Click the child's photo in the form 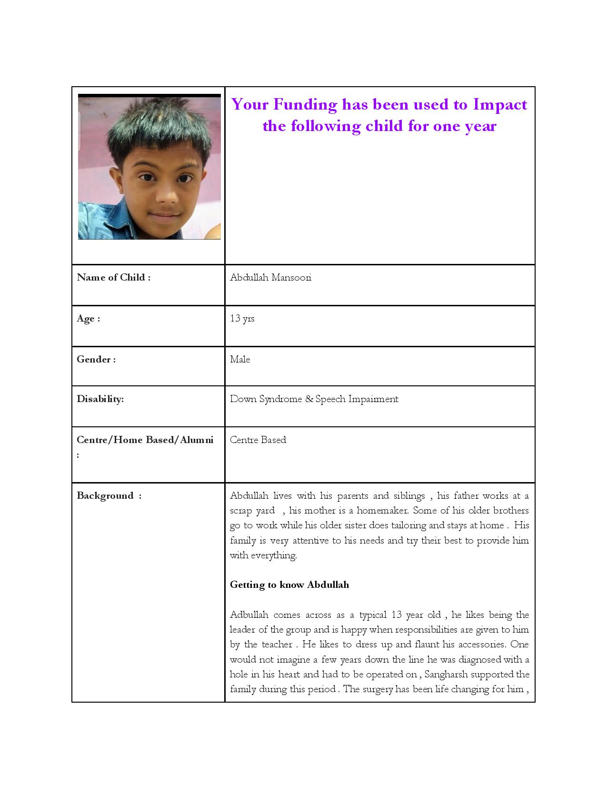(x=149, y=167)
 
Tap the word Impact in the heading (x=500, y=104)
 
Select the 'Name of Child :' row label (x=114, y=278)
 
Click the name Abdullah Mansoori (x=270, y=278)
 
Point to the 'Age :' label (x=89, y=319)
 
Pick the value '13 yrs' (x=242, y=319)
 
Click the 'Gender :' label (x=96, y=360)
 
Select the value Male (x=240, y=360)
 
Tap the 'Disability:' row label (x=100, y=399)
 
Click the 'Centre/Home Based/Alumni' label (x=145, y=440)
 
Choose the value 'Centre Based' (x=258, y=440)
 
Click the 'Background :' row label (x=109, y=496)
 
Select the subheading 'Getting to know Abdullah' (x=289, y=585)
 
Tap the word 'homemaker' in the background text (x=382, y=511)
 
